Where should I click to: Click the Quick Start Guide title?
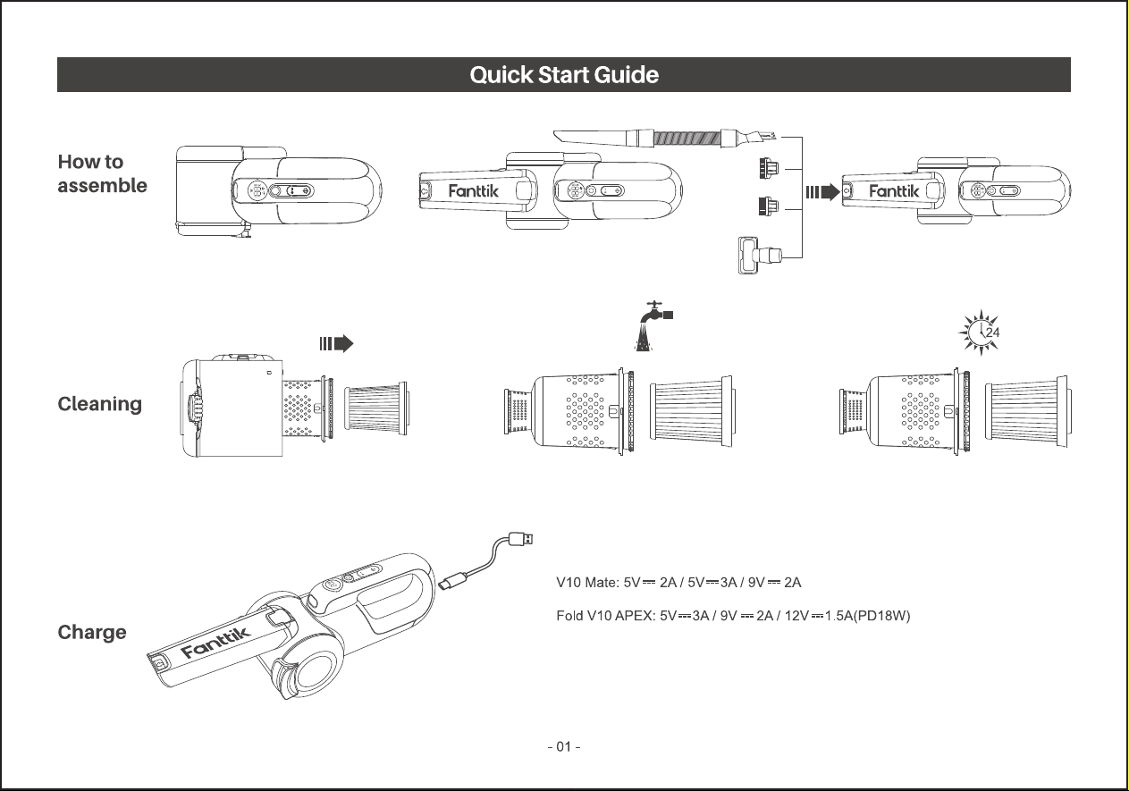(x=564, y=74)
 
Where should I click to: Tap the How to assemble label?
(x=102, y=173)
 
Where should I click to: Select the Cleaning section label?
(x=100, y=404)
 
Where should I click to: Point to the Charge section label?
(x=92, y=632)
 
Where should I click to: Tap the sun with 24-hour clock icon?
(x=980, y=332)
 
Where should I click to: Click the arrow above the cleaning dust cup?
(x=337, y=343)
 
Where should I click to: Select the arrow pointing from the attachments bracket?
(x=822, y=192)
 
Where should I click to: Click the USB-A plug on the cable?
(x=521, y=539)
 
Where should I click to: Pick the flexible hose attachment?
(x=665, y=137)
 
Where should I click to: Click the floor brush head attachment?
(x=760, y=255)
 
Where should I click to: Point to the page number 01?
(x=564, y=746)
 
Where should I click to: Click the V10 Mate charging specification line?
(x=678, y=583)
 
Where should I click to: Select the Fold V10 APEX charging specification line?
(x=733, y=616)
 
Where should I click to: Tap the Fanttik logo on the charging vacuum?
(x=215, y=643)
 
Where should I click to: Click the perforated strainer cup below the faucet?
(x=569, y=411)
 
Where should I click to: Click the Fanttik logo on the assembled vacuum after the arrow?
(x=894, y=191)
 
